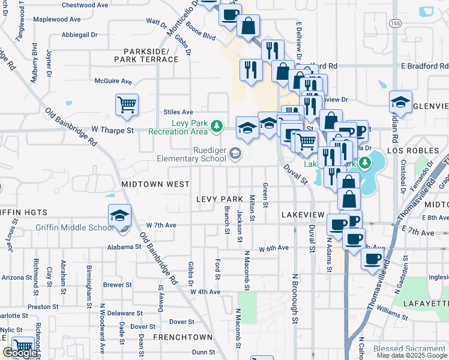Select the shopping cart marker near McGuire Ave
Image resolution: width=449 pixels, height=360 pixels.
[127, 106]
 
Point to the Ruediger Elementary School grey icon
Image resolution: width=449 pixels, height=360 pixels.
[236, 154]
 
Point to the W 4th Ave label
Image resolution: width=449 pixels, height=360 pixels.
[205, 292]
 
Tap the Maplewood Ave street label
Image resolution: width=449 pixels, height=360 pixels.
[56, 19]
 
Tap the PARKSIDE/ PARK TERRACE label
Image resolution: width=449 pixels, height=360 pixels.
[151, 55]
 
